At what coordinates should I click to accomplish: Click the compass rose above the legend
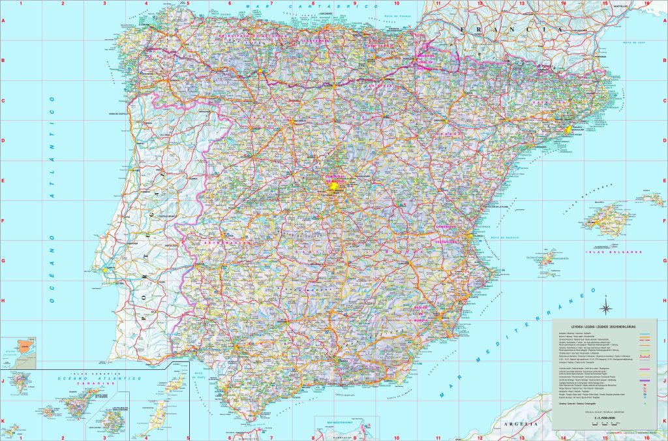606,309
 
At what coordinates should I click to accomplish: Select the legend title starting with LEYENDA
603,326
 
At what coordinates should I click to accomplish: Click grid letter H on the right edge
663,301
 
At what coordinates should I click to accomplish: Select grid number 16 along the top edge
646,3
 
